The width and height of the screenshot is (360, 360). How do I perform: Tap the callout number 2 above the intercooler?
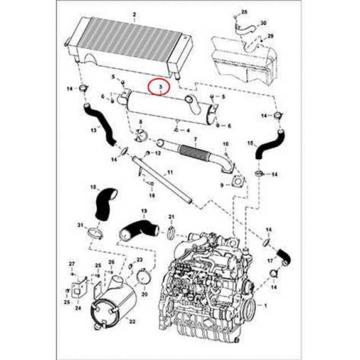point(134,14)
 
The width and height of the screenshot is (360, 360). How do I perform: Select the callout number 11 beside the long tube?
point(170,172)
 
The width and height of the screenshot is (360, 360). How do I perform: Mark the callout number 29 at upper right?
point(270,35)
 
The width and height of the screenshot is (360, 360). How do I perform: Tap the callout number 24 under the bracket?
point(78,305)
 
